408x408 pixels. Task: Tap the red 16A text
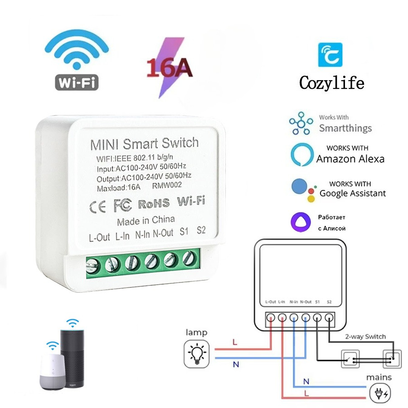coord(169,68)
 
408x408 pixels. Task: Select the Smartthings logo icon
coord(301,123)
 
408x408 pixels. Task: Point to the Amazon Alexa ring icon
coord(301,155)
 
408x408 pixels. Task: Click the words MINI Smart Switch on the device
coord(144,144)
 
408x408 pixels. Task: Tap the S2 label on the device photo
coord(201,229)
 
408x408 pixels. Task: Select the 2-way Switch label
coord(365,336)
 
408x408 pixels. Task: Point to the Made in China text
coord(146,220)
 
